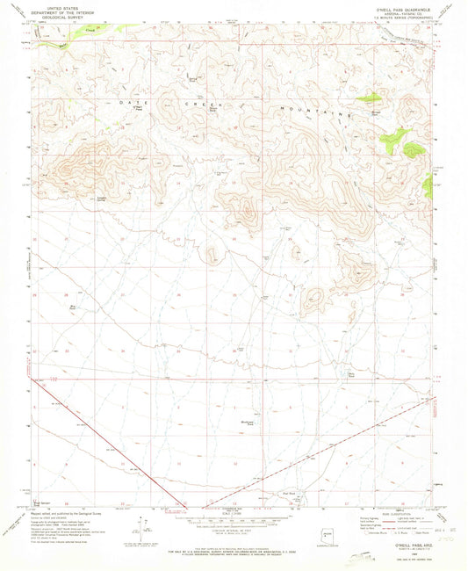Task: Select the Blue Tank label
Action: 85,307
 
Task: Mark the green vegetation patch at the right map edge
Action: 428,184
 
